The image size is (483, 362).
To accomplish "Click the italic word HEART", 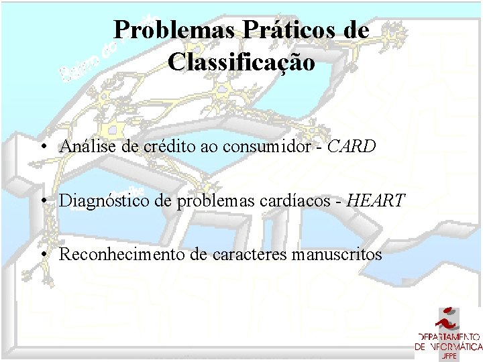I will [x=377, y=200].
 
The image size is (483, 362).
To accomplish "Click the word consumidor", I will [x=266, y=146].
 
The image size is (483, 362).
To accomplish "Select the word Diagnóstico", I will [x=98, y=200].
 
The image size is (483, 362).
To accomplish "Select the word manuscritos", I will [x=342, y=255].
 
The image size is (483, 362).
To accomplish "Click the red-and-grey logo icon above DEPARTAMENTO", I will [x=448, y=318].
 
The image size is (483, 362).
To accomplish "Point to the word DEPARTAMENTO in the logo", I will [x=448, y=337].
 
